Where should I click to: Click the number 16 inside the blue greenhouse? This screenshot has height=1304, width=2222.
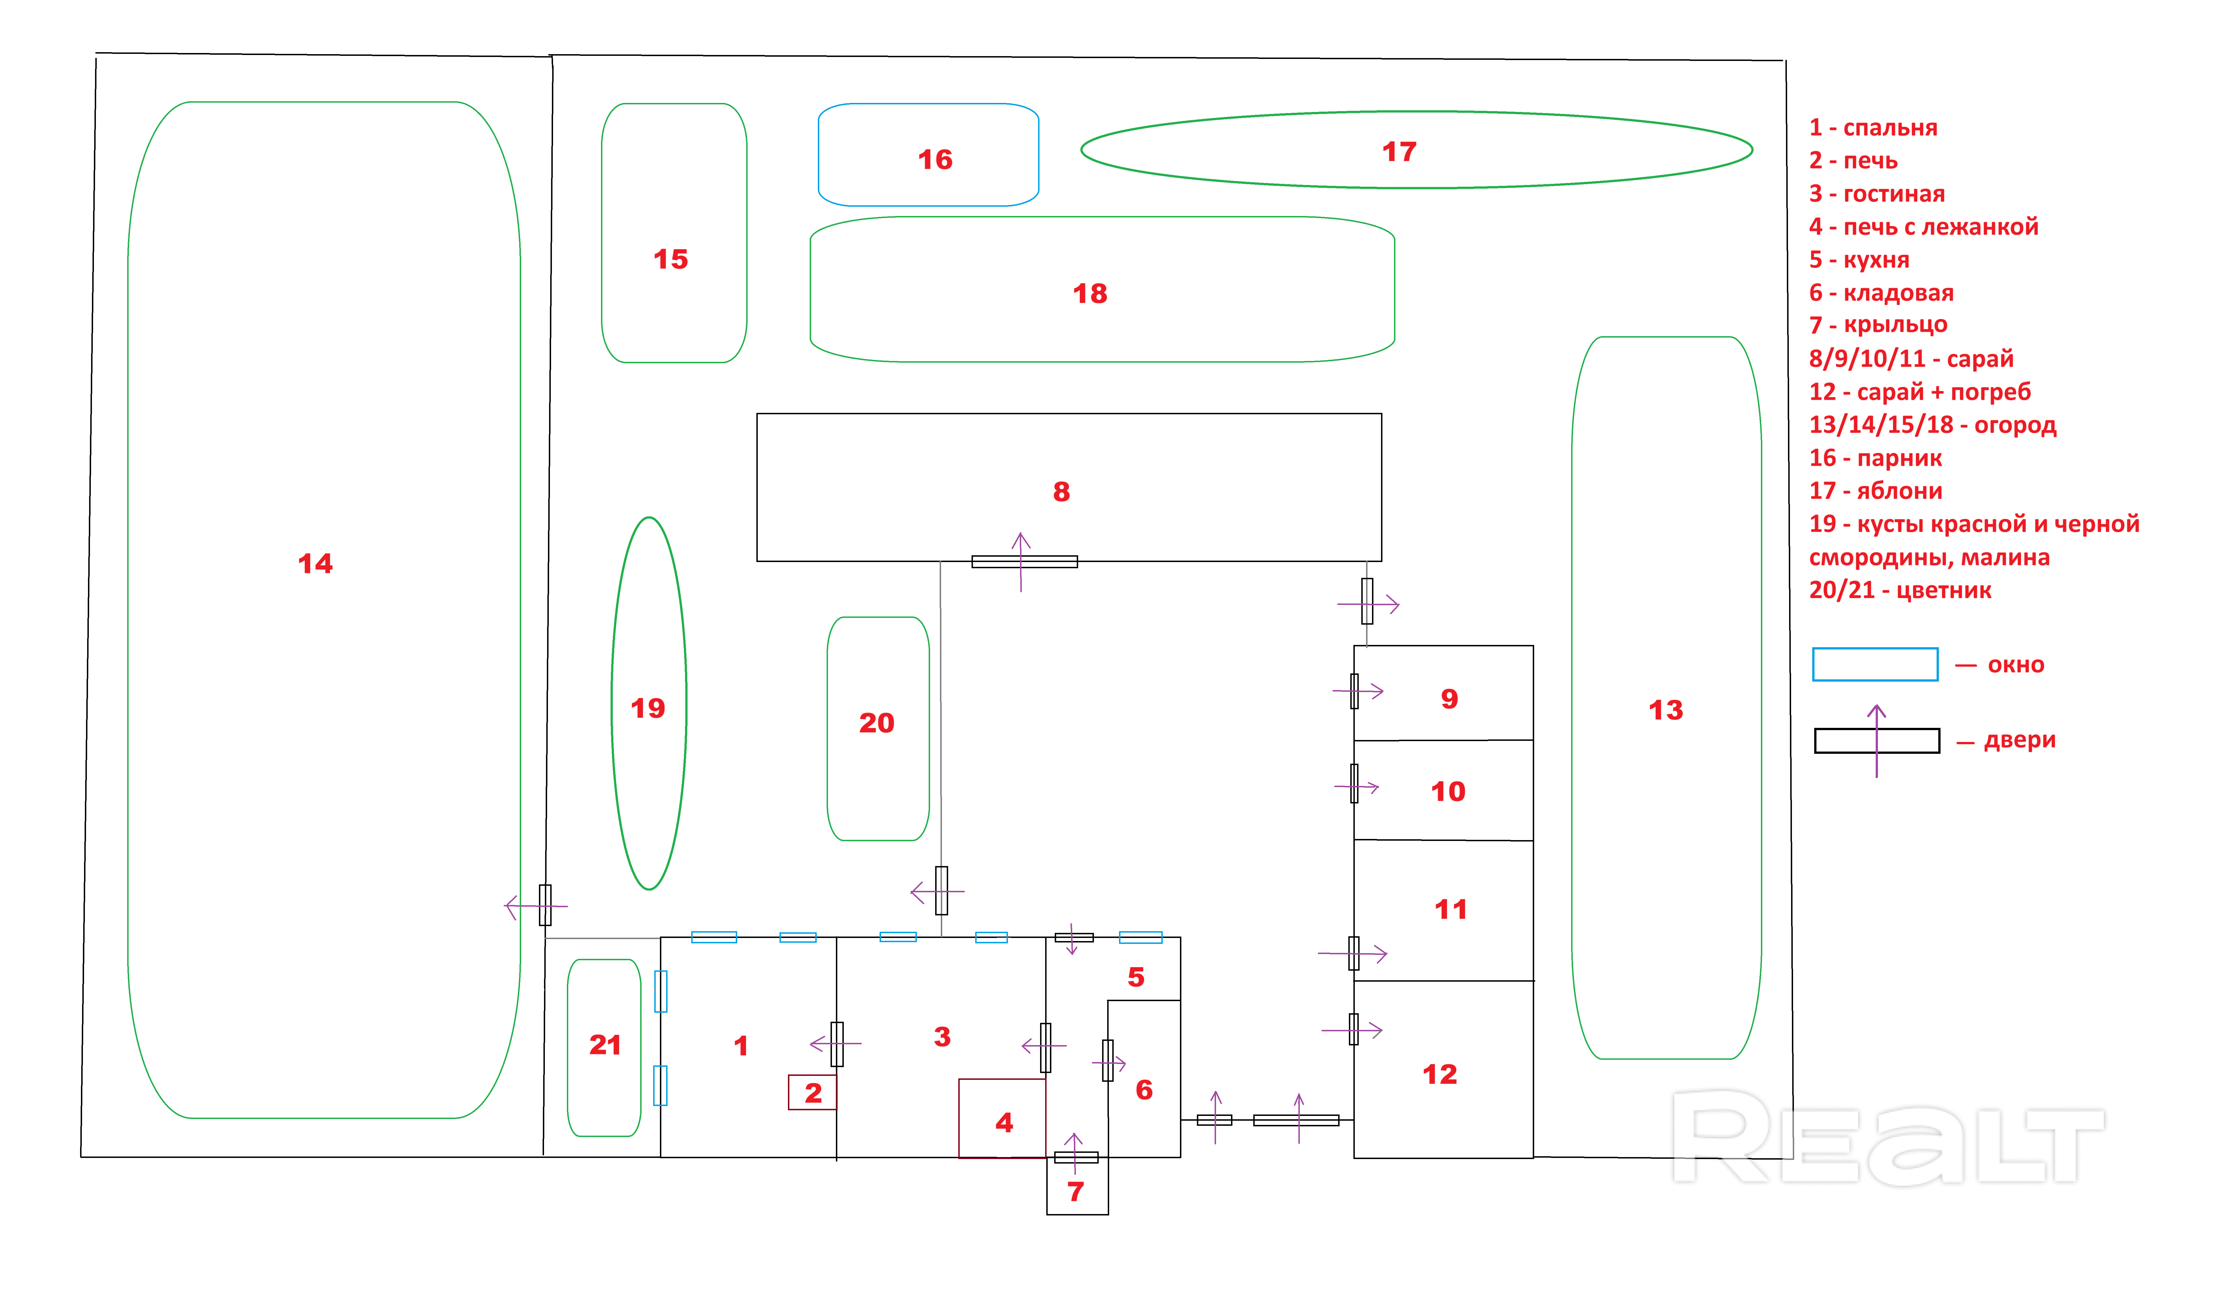pos(935,160)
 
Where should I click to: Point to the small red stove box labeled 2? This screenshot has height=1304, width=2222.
pos(812,1092)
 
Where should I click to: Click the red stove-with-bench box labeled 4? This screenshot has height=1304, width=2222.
pos(1003,1118)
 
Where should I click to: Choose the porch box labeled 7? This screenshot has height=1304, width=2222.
pos(1077,1190)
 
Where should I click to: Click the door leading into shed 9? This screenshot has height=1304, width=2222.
pos(1354,691)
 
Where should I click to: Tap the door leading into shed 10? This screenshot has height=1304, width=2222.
pos(1354,784)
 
